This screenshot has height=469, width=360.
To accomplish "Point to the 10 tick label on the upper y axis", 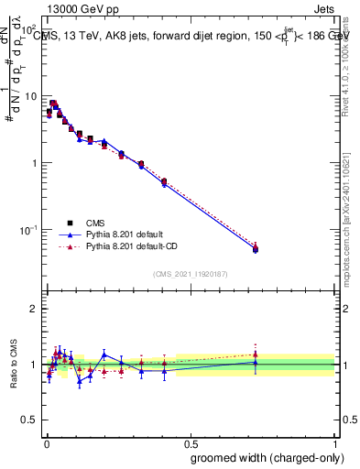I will (31, 96).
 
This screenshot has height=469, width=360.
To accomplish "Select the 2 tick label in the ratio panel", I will (35, 309).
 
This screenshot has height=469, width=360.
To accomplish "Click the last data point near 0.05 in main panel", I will (255, 248).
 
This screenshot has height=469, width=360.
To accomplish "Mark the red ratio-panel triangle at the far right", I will (255, 354).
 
